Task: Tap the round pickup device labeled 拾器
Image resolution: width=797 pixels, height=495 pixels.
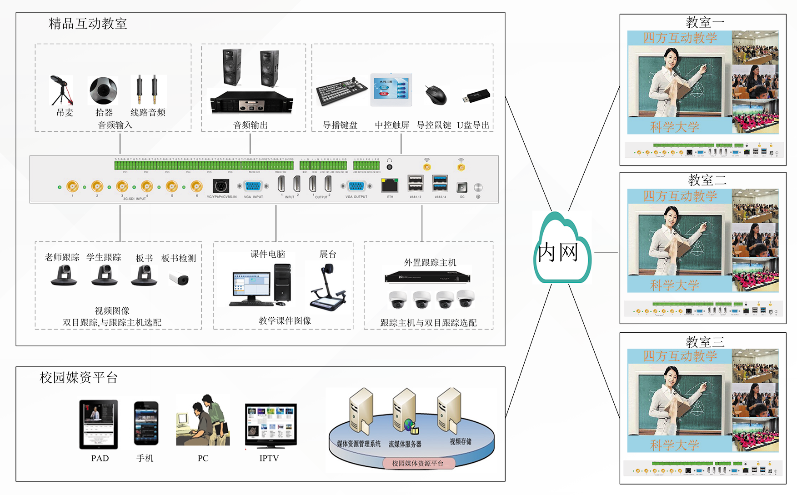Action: click(x=103, y=90)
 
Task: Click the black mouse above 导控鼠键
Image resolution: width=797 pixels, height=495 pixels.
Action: click(x=436, y=95)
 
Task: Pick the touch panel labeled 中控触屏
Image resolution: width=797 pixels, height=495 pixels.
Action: click(x=391, y=90)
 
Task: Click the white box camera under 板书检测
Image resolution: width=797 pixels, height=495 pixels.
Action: click(x=179, y=279)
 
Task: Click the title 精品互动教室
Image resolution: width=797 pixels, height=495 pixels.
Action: click(x=88, y=24)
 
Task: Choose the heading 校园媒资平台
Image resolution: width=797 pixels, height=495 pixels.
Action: click(x=79, y=377)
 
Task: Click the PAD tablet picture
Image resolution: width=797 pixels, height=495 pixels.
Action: click(x=99, y=425)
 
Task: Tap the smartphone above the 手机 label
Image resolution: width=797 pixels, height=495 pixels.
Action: click(x=146, y=424)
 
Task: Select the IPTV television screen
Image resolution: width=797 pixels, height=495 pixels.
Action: click(x=271, y=425)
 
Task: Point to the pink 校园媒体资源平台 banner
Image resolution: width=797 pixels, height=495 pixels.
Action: click(x=417, y=463)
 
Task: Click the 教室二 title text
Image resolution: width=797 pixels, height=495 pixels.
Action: click(x=707, y=180)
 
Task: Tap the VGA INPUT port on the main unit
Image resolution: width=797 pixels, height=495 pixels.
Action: click(x=253, y=186)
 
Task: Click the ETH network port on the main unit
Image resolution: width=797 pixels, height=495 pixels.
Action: click(x=390, y=185)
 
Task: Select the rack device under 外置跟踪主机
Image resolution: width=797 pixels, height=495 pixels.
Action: click(x=427, y=276)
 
